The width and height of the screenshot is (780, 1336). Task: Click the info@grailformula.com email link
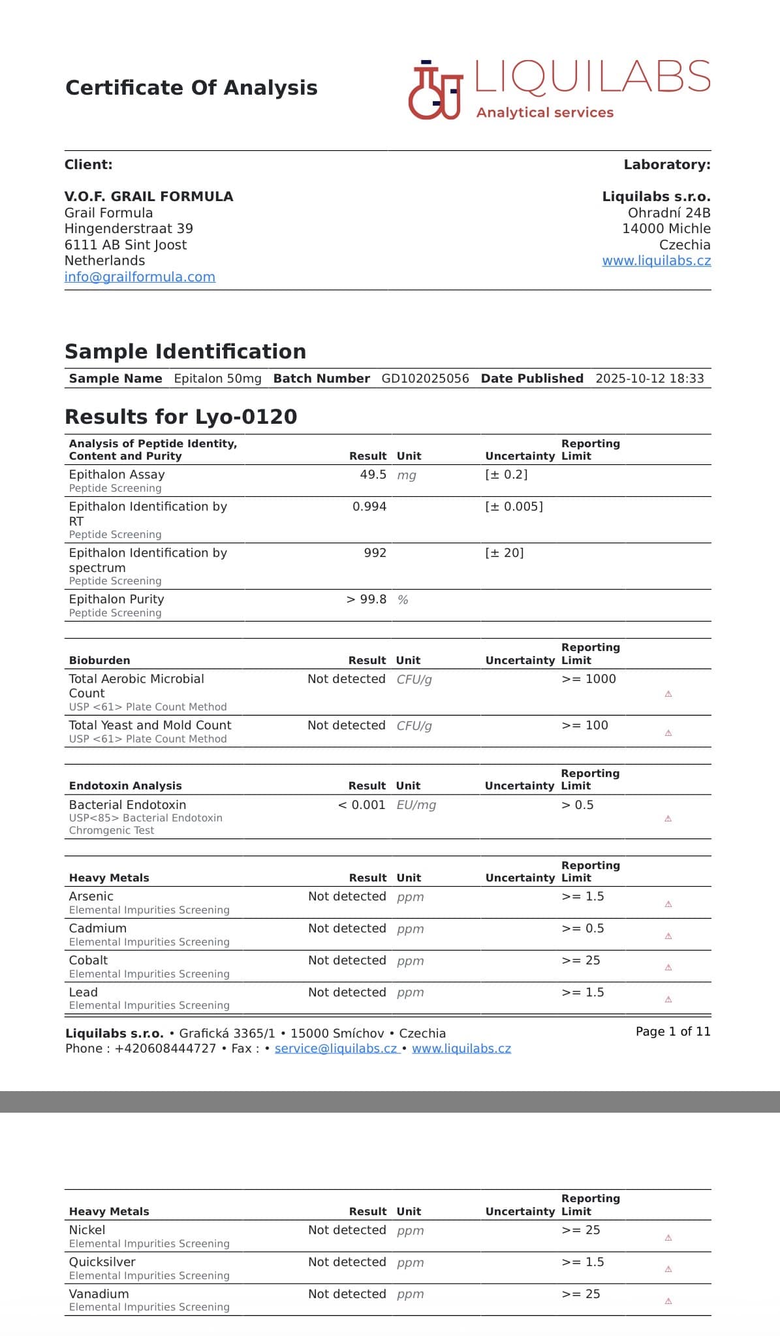pos(140,277)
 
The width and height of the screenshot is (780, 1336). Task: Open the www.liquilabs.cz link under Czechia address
pos(656,261)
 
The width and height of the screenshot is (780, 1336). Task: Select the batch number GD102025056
pos(425,379)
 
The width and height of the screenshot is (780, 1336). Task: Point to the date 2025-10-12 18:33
pos(649,379)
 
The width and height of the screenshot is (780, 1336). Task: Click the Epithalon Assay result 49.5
pos(373,475)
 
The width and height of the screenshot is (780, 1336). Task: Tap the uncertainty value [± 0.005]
pos(514,507)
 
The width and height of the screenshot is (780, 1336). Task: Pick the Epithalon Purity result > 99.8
pos(366,599)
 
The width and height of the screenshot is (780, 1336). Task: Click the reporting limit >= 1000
pos(588,679)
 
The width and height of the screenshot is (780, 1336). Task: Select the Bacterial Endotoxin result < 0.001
pos(362,805)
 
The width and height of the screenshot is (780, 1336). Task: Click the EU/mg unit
pos(416,805)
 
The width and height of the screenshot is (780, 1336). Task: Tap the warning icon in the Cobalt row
pos(668,968)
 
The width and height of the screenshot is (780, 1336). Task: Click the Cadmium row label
pos(98,929)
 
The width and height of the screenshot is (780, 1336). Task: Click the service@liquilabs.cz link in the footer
pos(336,1049)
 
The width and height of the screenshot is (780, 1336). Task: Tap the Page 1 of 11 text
pos(672,1032)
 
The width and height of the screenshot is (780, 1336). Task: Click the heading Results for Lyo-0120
pos(181,417)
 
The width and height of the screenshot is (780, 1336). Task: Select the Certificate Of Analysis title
pos(191,87)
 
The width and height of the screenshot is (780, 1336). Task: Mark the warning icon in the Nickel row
pos(668,1238)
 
